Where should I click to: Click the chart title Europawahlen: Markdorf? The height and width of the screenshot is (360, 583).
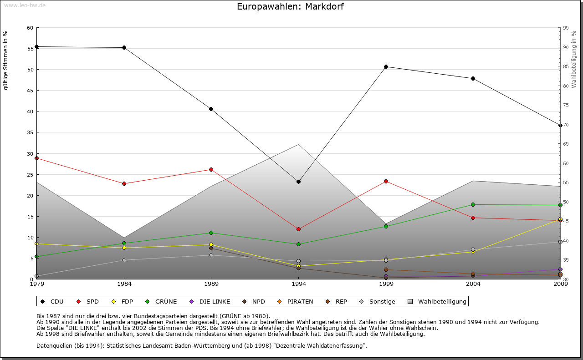click(291, 6)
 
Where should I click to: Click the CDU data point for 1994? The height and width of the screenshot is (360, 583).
click(298, 182)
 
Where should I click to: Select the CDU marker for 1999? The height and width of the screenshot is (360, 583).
click(386, 67)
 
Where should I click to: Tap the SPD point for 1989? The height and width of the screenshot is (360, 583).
click(211, 170)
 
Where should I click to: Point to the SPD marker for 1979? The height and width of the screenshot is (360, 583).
click(36, 158)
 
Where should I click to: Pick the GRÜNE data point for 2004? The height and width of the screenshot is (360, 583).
click(473, 204)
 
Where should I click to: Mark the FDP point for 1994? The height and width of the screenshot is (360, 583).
click(298, 266)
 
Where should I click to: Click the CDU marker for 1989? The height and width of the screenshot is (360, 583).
click(211, 109)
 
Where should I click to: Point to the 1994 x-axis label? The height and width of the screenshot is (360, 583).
click(299, 284)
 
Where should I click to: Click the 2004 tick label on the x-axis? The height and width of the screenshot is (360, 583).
click(473, 284)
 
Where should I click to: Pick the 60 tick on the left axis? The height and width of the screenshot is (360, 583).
click(30, 28)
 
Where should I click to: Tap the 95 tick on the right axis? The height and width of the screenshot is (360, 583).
click(566, 28)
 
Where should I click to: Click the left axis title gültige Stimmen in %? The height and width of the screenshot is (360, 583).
click(6, 61)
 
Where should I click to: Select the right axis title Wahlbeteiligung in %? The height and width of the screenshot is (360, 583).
click(574, 59)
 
